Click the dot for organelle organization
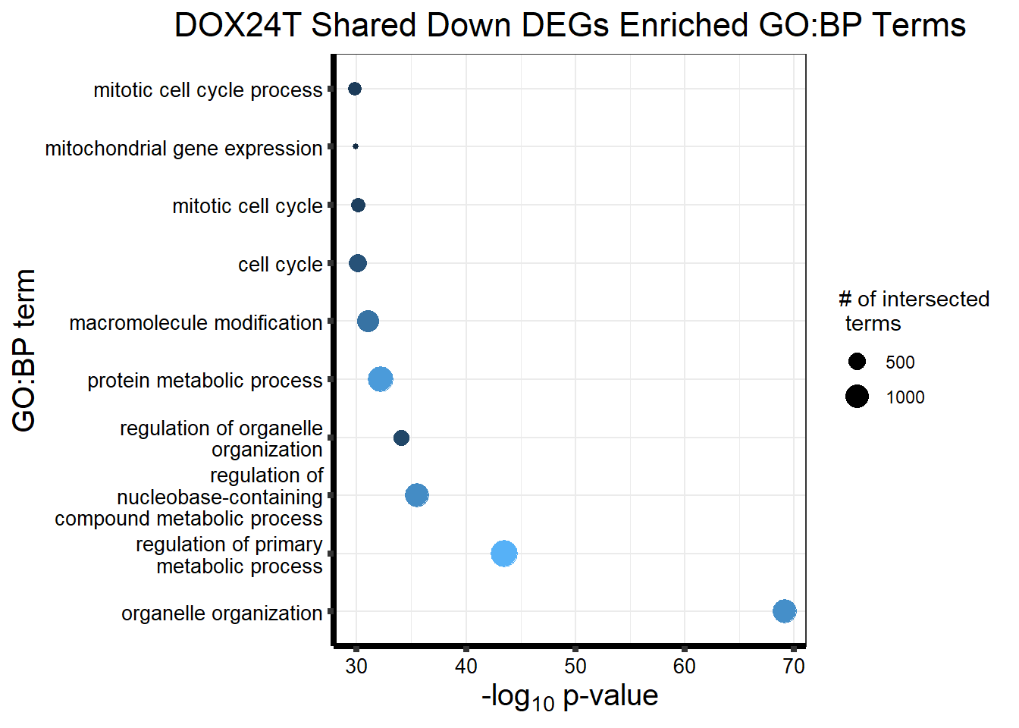pos(784,611)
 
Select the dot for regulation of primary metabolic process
pos(503,554)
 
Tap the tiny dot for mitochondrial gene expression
pos(356,146)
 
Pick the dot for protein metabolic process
pos(380,379)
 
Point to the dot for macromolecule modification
pos(368,322)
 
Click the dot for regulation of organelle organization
pos(401,438)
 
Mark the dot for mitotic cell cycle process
pos(354,89)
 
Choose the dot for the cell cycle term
pos(358,263)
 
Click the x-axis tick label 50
pos(575,667)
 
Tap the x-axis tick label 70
pos(793,667)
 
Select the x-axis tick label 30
pos(356,667)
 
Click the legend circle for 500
pos(857,362)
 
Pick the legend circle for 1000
pos(857,397)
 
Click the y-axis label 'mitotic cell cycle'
pos(247,206)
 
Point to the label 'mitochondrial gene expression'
pos(183,149)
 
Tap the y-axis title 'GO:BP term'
pos(24,350)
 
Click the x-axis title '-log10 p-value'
pos(569,696)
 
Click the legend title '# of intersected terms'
pos(913,311)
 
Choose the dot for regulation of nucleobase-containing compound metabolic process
pos(416,495)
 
